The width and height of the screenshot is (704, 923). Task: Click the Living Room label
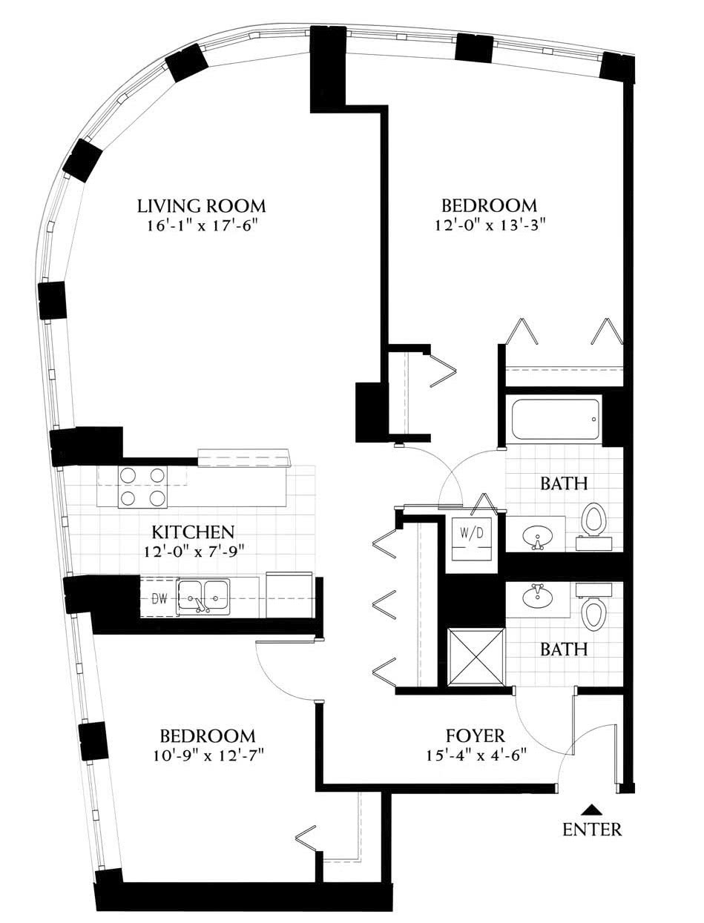pos(202,206)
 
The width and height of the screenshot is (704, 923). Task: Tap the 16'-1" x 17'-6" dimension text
pos(202,227)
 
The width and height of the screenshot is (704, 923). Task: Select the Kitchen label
pos(193,532)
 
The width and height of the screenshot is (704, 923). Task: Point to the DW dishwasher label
pos(159,599)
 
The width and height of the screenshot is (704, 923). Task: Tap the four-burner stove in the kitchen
pos(142,487)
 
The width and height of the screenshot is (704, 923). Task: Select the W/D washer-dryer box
pos(471,539)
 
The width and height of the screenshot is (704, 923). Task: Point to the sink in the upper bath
pos(536,537)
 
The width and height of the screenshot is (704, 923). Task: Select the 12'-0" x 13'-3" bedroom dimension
pos(490,227)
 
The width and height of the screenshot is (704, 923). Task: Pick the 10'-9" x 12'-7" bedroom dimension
pos(208,756)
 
